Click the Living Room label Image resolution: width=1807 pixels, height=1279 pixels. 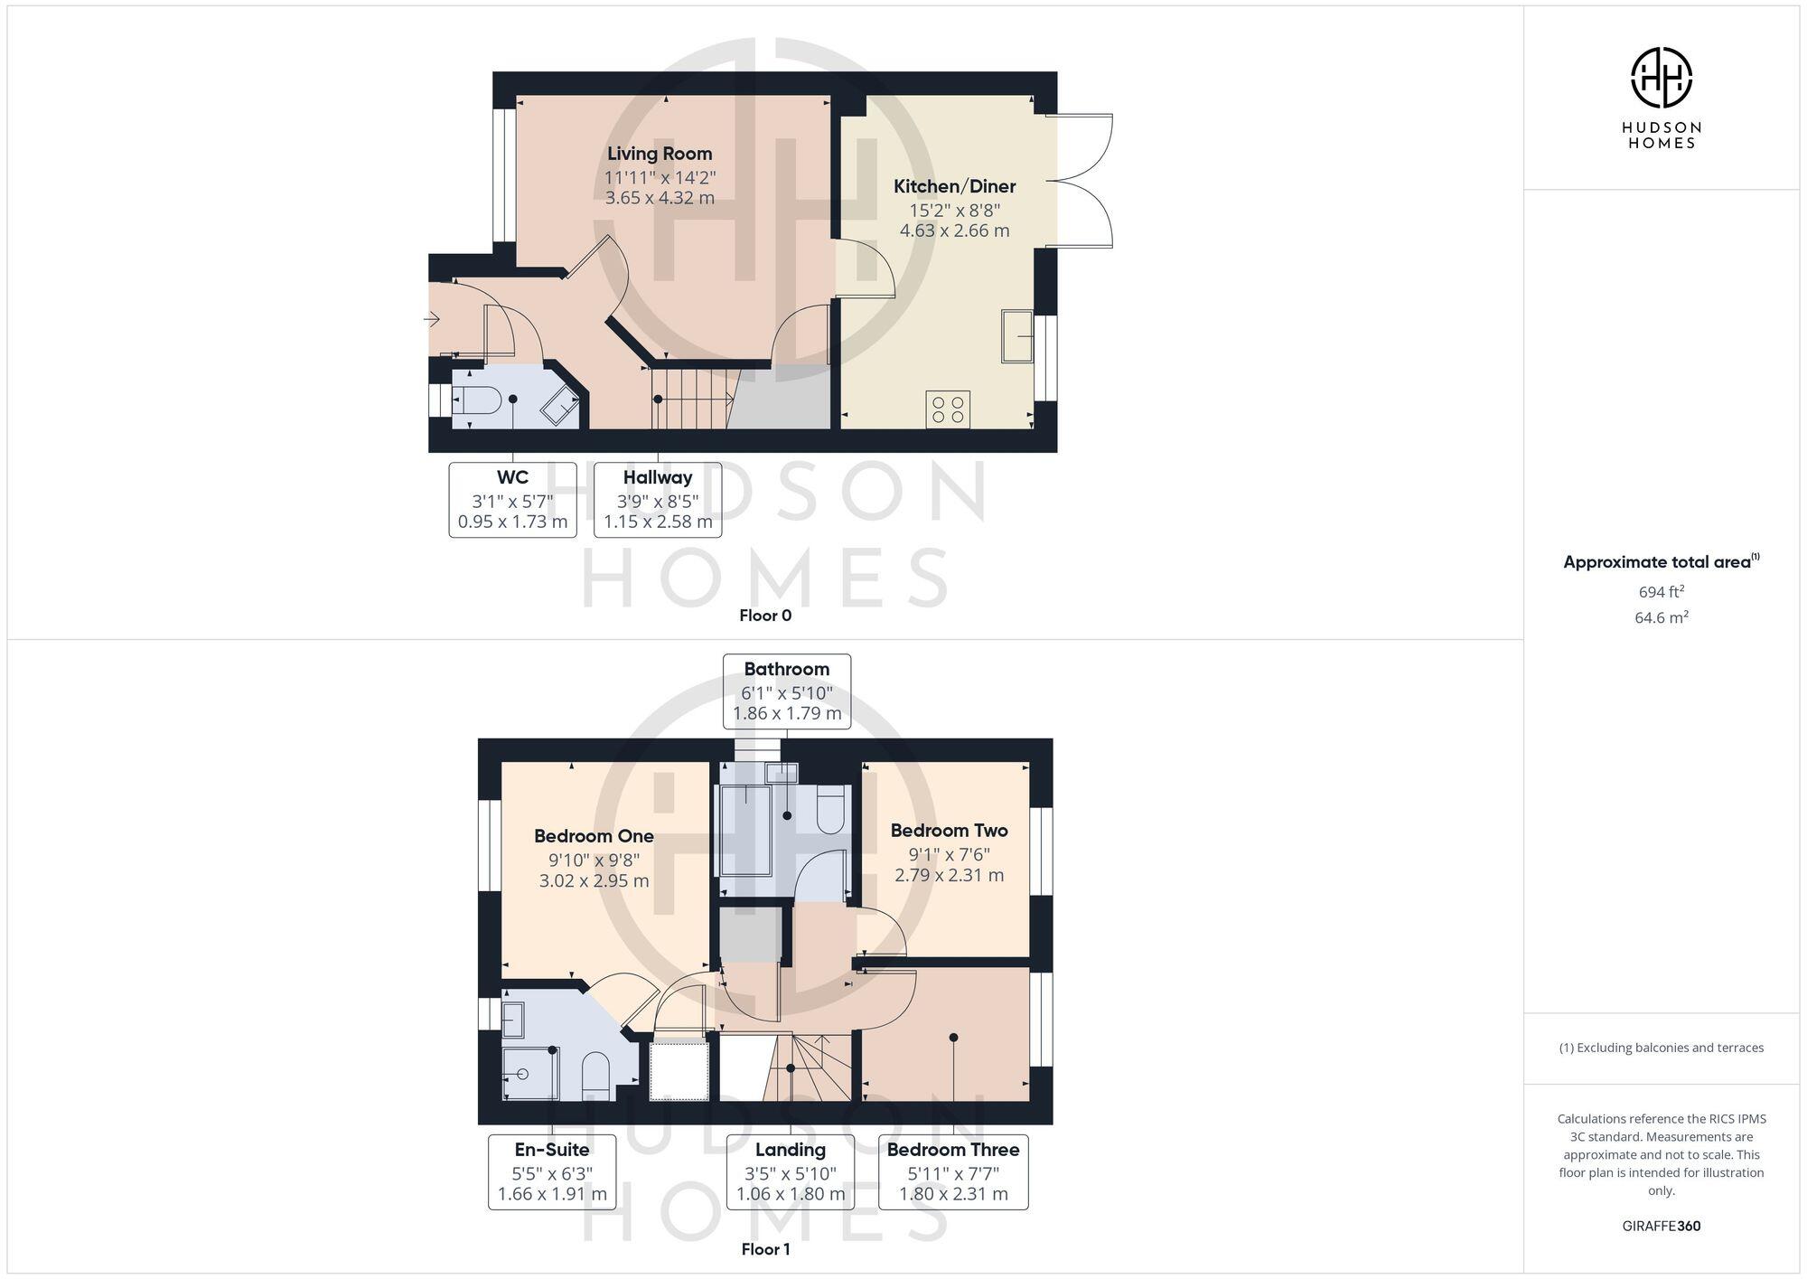(660, 154)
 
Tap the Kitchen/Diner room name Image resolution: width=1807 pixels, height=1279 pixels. (954, 186)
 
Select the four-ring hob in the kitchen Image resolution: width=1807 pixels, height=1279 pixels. (948, 409)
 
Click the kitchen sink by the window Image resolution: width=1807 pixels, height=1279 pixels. (1017, 336)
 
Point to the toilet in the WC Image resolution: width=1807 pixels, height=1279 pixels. (476, 400)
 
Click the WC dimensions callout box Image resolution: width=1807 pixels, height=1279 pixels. (512, 500)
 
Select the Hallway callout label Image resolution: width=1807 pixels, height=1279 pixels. (658, 500)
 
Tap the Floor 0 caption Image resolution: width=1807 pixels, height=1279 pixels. (765, 616)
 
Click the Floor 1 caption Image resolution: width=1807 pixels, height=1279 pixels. (765, 1249)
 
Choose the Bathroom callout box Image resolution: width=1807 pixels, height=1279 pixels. (787, 691)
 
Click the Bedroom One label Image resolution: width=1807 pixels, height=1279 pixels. (594, 836)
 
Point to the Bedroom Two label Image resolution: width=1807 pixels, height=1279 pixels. (949, 830)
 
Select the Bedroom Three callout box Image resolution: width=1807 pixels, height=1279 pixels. (953, 1171)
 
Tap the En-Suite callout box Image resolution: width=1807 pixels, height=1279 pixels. (552, 1171)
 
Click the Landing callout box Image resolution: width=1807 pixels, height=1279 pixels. (791, 1171)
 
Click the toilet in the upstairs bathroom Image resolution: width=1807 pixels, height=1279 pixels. (830, 811)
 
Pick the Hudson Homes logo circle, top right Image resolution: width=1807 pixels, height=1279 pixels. (1661, 78)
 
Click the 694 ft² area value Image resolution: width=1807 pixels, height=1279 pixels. (1661, 592)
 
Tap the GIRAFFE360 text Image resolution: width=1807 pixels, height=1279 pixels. (1661, 1226)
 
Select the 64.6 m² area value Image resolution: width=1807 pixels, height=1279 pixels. (1661, 617)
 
